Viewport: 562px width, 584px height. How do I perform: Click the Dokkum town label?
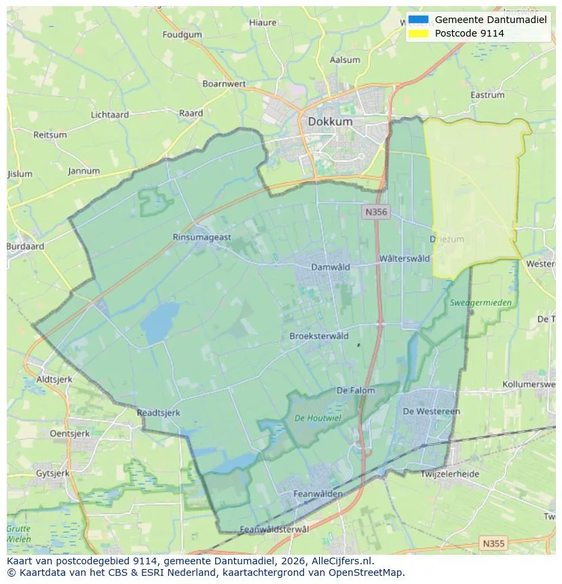click(x=330, y=122)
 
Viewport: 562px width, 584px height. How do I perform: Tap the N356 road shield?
click(x=375, y=212)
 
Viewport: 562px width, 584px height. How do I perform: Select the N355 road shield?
click(x=493, y=543)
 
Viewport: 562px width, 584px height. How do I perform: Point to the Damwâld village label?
click(x=331, y=267)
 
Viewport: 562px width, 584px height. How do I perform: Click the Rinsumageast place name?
click(x=202, y=237)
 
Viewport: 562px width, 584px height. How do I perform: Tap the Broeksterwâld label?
click(x=319, y=336)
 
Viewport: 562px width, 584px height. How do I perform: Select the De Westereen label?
click(x=431, y=411)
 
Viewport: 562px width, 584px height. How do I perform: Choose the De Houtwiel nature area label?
click(x=318, y=418)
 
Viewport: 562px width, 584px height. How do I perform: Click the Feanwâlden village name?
click(x=318, y=494)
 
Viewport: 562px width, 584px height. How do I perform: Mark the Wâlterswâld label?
click(x=405, y=258)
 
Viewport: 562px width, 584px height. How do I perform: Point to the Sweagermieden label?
click(x=481, y=303)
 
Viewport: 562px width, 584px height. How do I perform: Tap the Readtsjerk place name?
click(x=159, y=412)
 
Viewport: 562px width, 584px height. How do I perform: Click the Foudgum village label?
click(x=183, y=35)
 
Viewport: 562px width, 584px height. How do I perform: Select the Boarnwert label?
click(x=224, y=84)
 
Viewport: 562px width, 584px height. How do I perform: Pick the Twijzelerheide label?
click(x=450, y=474)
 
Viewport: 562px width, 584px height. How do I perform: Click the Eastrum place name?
click(x=487, y=96)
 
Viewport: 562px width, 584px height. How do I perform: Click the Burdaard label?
click(x=25, y=247)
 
